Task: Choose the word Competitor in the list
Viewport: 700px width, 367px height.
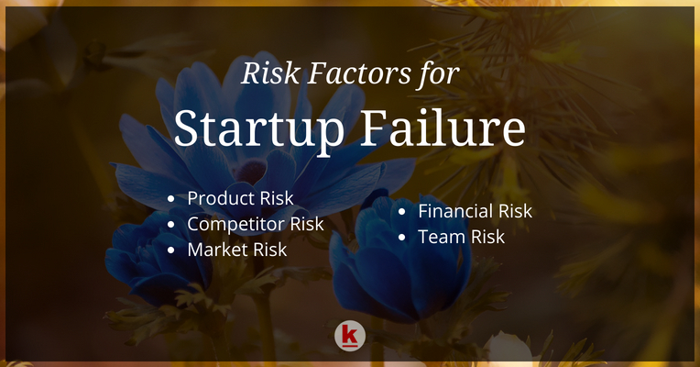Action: (x=236, y=224)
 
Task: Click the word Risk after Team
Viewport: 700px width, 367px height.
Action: (x=485, y=237)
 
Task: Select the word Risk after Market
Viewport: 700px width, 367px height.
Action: (x=268, y=250)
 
